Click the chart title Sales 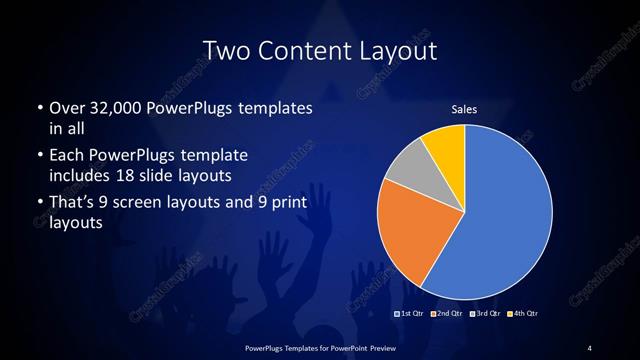click(x=464, y=108)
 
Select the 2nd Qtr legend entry click(x=446, y=314)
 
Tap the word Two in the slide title click(x=225, y=50)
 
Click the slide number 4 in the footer click(x=590, y=347)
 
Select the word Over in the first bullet click(x=64, y=107)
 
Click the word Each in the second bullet click(x=65, y=156)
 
